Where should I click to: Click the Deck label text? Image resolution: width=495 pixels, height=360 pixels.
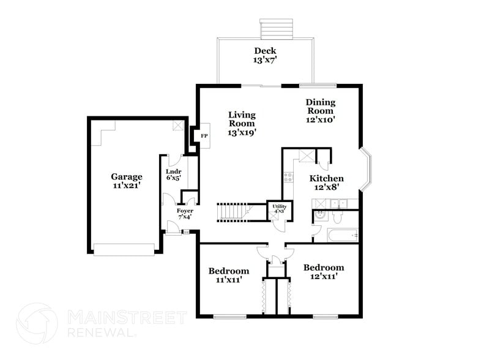pos(265,51)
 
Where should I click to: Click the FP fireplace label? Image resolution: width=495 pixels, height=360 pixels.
pos(204,135)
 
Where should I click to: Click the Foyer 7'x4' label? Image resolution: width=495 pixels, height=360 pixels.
pos(185,214)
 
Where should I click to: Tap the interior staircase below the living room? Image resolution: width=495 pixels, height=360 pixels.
pos(233,211)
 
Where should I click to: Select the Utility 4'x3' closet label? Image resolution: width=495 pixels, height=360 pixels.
pos(280,209)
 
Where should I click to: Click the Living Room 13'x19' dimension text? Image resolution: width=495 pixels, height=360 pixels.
pos(242,132)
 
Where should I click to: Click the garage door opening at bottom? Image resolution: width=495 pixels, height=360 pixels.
pos(124,249)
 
